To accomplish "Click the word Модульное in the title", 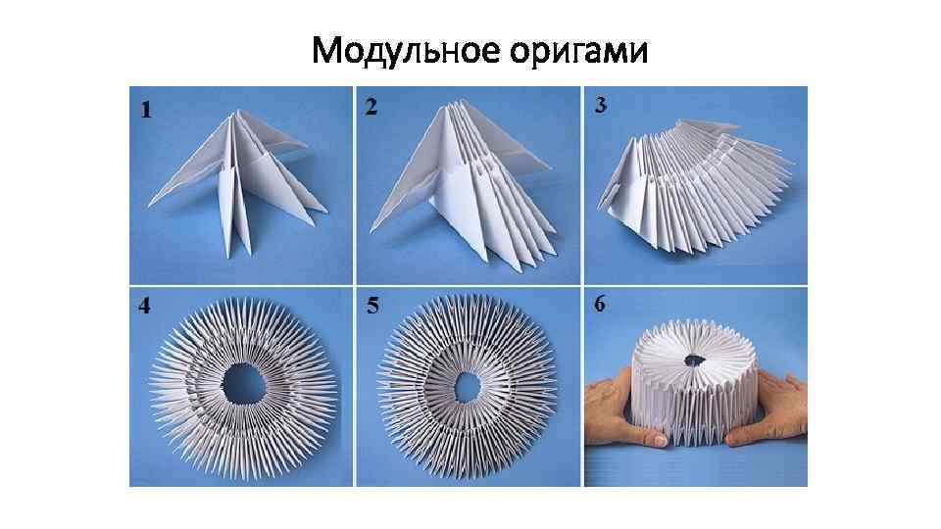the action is tap(406, 50).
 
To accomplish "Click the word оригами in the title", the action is tap(579, 52).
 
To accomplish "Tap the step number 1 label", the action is tap(146, 110).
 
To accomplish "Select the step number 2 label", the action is tap(371, 106).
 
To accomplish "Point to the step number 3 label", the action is tap(600, 105).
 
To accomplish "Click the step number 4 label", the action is tap(145, 306).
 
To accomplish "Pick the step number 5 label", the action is tap(372, 306).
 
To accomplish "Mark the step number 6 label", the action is tap(600, 304).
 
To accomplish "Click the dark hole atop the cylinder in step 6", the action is tap(695, 361).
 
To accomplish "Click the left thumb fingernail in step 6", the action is tap(659, 440).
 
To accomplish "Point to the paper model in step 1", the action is tap(237, 180).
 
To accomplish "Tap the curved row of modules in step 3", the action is tap(696, 186).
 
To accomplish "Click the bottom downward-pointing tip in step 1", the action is tap(228, 258).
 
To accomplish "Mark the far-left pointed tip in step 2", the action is tap(371, 231).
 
